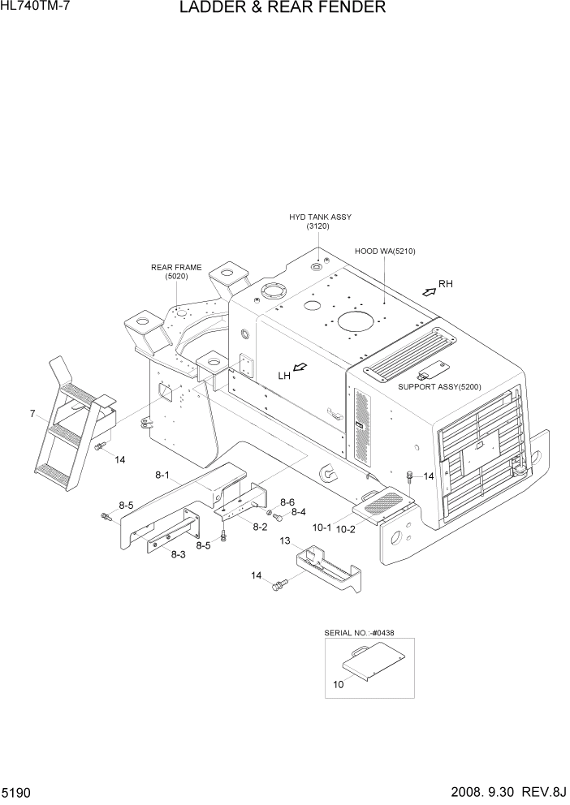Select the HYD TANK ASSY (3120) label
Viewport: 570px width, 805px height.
(x=320, y=222)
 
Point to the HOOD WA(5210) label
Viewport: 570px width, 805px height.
(x=385, y=252)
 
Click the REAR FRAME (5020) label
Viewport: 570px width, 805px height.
(x=176, y=271)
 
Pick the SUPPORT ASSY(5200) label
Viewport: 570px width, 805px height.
(x=439, y=387)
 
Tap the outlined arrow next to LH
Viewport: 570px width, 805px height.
(x=301, y=369)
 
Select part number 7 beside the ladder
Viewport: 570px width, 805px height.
(x=32, y=414)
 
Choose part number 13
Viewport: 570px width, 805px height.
(x=285, y=540)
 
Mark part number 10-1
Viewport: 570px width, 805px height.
(x=322, y=527)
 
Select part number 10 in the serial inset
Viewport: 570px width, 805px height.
(x=338, y=683)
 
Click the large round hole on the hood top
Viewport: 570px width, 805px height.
(x=359, y=321)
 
